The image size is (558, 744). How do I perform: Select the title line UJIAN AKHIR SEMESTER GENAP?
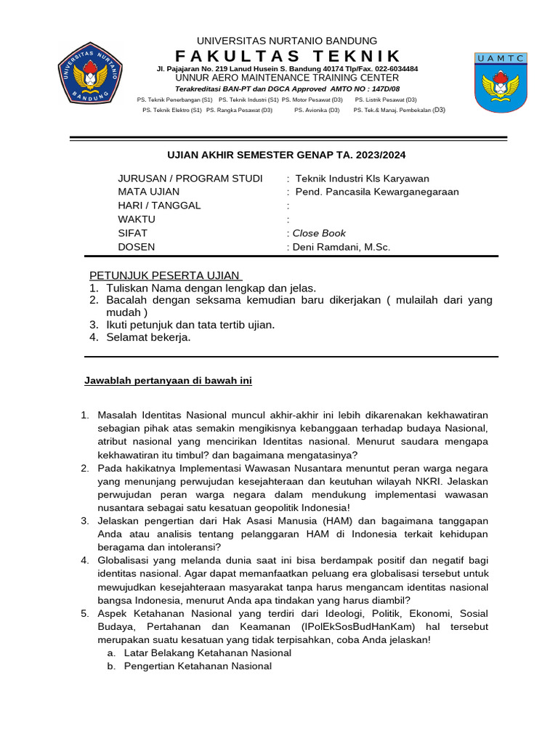tap(287, 155)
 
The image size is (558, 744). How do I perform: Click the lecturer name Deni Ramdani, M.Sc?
tap(341, 247)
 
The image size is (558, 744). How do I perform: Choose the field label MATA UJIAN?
tap(149, 192)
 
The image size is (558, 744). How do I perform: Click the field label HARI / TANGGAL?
tap(159, 206)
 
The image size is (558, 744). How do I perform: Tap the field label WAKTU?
tap(137, 219)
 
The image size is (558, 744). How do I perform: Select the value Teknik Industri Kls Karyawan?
tap(362, 179)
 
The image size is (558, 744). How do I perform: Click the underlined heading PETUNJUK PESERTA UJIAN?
tap(164, 275)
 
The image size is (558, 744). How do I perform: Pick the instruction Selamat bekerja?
tap(148, 337)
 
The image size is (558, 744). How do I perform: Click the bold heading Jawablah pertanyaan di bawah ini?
tap(168, 381)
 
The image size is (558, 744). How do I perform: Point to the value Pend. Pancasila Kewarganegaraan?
tap(377, 192)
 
